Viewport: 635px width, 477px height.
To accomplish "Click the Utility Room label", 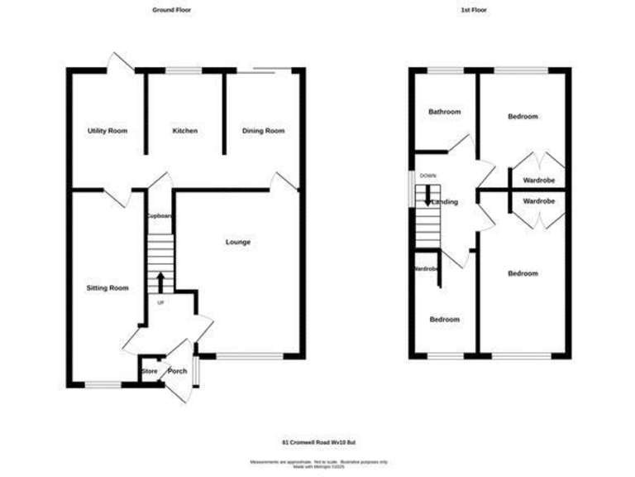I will click(x=107, y=131).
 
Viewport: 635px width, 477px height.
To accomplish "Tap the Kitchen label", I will click(x=184, y=131).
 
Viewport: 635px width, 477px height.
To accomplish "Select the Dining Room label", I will click(x=263, y=131).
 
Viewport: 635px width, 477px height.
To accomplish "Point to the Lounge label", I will click(x=238, y=242).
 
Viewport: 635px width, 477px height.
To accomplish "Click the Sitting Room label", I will click(x=107, y=288).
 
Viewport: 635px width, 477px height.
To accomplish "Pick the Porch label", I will click(x=177, y=371).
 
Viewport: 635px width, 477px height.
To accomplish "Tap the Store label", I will click(x=150, y=371).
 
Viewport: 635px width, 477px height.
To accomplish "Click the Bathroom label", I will click(x=444, y=112).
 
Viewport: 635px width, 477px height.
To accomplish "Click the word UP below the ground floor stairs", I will click(x=160, y=302).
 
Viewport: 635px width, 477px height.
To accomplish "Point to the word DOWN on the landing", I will click(x=427, y=176).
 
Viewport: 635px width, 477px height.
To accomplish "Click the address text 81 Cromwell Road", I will click(x=317, y=441).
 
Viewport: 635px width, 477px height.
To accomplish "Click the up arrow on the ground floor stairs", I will click(x=160, y=282).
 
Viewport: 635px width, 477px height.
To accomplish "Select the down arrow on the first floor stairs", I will click(x=427, y=195).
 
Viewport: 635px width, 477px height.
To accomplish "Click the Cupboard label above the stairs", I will click(x=160, y=216).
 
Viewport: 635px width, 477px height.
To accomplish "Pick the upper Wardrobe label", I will click(x=538, y=180).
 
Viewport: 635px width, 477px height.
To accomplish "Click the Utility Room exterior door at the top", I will click(x=121, y=63).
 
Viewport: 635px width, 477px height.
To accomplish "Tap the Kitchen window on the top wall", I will click(x=184, y=71).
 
